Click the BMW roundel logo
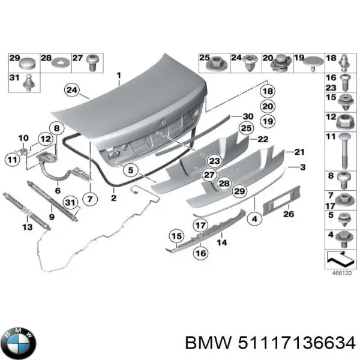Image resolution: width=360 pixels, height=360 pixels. [20, 343]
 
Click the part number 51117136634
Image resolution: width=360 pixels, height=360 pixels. [296, 344]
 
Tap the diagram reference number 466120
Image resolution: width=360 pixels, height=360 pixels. [342, 273]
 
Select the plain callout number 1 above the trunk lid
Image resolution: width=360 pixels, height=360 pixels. [119, 76]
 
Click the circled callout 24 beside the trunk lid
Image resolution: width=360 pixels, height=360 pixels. [72, 90]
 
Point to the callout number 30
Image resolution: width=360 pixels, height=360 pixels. [248, 116]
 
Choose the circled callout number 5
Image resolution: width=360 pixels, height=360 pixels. [131, 170]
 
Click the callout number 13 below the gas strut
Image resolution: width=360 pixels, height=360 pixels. [28, 227]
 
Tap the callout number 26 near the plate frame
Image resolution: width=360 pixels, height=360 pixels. [289, 214]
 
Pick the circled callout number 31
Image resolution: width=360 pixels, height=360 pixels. [70, 203]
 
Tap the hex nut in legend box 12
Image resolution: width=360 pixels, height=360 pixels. [344, 121]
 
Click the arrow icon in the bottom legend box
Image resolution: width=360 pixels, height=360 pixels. [340, 258]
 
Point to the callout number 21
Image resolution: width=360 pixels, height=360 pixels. [299, 152]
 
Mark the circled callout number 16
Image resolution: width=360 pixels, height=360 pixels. [201, 253]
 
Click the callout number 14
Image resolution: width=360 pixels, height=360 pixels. [222, 242]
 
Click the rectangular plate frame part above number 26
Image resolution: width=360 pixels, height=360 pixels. [281, 200]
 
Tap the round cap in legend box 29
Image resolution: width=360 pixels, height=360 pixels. [28, 62]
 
